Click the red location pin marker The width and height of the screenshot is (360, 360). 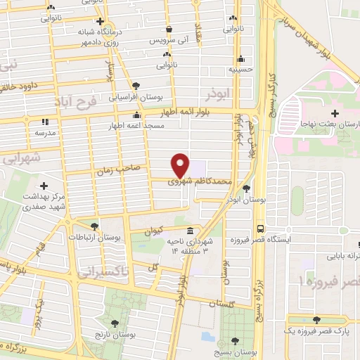181,164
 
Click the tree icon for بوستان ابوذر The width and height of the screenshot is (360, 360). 245,188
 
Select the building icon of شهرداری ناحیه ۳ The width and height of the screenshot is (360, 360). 190,231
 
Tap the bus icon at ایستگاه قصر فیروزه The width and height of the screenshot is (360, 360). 260,229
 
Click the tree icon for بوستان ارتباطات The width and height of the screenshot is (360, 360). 94,226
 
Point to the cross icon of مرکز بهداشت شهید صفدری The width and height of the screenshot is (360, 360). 44,186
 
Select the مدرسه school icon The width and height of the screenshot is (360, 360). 44,121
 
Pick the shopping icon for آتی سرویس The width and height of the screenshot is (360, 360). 169,30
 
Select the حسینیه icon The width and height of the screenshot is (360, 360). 241,59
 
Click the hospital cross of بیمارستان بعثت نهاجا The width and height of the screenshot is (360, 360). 335,112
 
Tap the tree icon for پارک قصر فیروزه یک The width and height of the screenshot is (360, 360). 316,319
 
